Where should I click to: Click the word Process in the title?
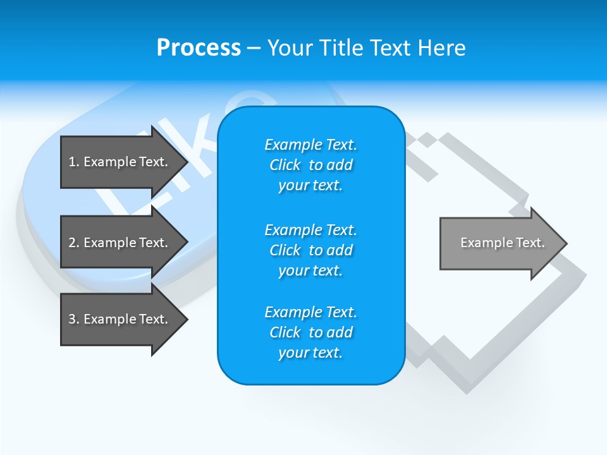[x=199, y=48]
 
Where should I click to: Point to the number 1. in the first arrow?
[x=73, y=162]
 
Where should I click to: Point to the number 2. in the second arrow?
[x=73, y=243]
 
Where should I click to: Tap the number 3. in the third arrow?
[x=73, y=319]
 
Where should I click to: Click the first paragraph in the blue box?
[x=310, y=165]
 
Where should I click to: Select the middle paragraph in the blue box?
[x=310, y=250]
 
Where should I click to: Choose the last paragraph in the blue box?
[x=310, y=332]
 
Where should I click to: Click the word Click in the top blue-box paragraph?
[x=285, y=165]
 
